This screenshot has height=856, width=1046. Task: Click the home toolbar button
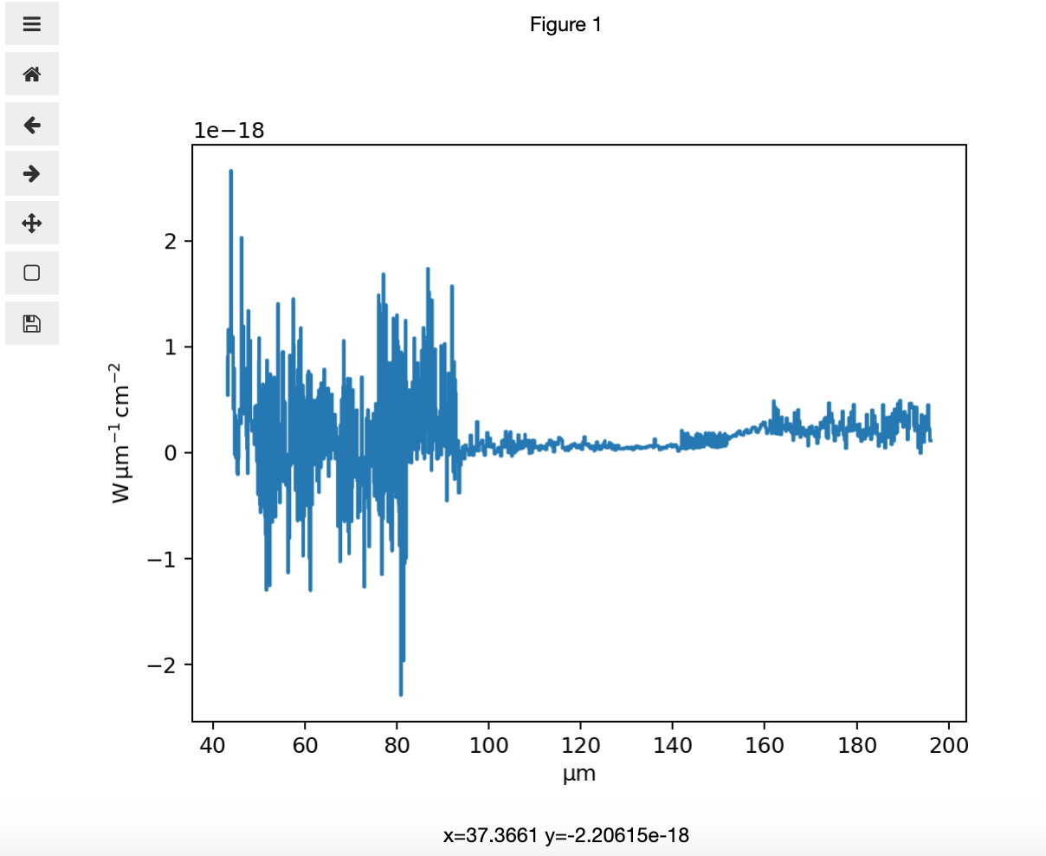[x=32, y=75]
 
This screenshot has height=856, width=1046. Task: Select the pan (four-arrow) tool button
[x=32, y=224]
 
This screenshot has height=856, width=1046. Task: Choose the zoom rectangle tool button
[x=32, y=273]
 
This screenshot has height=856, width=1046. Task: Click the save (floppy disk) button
[x=32, y=324]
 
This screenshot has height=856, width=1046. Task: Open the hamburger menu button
[x=32, y=24]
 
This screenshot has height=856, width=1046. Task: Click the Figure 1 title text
[x=565, y=25]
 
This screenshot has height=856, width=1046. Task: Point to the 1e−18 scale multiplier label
[x=229, y=131]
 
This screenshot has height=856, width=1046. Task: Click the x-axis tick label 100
[x=488, y=745]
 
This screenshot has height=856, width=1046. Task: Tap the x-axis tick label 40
[x=213, y=745]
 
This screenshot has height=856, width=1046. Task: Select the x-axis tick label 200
[x=949, y=745]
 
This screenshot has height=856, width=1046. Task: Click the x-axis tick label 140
[x=673, y=745]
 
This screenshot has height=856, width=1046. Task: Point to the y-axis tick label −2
[x=161, y=665]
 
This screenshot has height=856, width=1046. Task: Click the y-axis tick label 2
[x=171, y=241]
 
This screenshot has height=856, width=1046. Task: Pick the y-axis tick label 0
[x=171, y=453]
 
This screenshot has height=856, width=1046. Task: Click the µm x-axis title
[x=578, y=774]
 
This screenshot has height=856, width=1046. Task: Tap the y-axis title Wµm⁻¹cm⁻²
[x=121, y=432]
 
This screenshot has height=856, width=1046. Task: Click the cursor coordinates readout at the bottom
[x=565, y=835]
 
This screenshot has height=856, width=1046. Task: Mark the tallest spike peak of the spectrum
[x=231, y=172]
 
